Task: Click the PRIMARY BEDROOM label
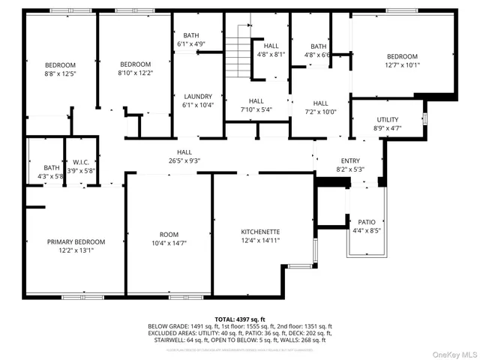[x=76, y=241]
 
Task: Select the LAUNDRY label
[x=198, y=96]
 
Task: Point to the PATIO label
[x=366, y=222]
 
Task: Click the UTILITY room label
[x=387, y=119]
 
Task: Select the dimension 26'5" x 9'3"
[x=183, y=160]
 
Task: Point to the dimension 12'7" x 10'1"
[x=403, y=64]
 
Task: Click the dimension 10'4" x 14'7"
[x=169, y=243]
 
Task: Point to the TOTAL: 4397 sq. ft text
[x=239, y=318]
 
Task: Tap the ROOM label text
[x=169, y=234]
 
